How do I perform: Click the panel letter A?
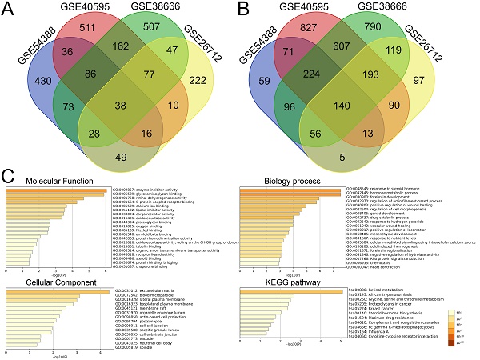(10, 14)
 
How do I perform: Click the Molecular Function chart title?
(60, 181)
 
